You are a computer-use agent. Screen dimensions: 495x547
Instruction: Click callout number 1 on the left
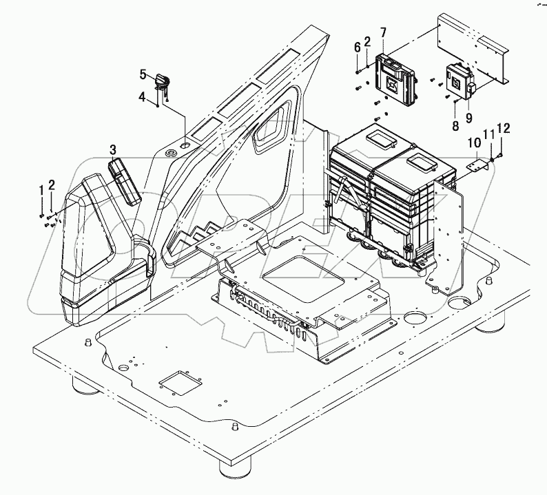point(41,189)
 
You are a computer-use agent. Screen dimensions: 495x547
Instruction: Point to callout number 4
point(142,97)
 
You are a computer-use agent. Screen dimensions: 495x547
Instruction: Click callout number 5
point(142,73)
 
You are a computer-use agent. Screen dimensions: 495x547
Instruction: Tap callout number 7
point(383,32)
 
